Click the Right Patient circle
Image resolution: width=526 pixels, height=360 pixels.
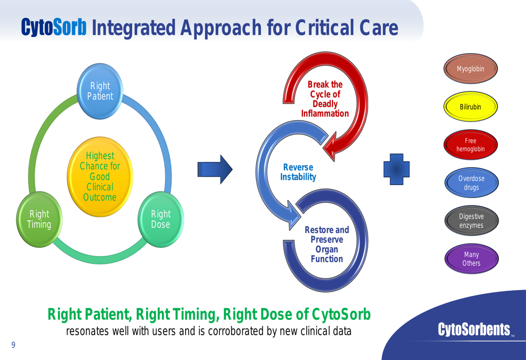[x=100, y=91]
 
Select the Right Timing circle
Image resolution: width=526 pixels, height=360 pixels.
[x=39, y=219]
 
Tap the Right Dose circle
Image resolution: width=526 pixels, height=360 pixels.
[x=160, y=219]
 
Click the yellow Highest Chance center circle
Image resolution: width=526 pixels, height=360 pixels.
[x=100, y=176]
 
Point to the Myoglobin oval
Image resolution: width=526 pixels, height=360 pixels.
[x=471, y=69]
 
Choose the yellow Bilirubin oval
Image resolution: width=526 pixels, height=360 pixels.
[x=471, y=107]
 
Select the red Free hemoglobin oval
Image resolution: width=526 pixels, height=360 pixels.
[x=471, y=145]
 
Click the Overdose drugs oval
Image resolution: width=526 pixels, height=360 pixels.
[x=471, y=183]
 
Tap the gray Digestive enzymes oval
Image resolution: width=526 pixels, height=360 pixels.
[x=471, y=221]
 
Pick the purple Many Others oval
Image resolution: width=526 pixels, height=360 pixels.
[x=471, y=259]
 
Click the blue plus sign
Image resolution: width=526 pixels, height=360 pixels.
[x=397, y=169]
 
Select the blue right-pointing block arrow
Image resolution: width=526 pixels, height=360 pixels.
[x=215, y=169]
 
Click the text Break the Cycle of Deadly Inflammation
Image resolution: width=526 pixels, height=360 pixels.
[x=325, y=99]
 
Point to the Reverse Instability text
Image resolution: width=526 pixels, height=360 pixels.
[x=298, y=172]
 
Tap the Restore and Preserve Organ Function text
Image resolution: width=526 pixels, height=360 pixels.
[x=327, y=244]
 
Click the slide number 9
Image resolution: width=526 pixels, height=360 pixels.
[x=13, y=345]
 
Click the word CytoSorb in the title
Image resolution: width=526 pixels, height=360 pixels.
[x=54, y=27]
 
